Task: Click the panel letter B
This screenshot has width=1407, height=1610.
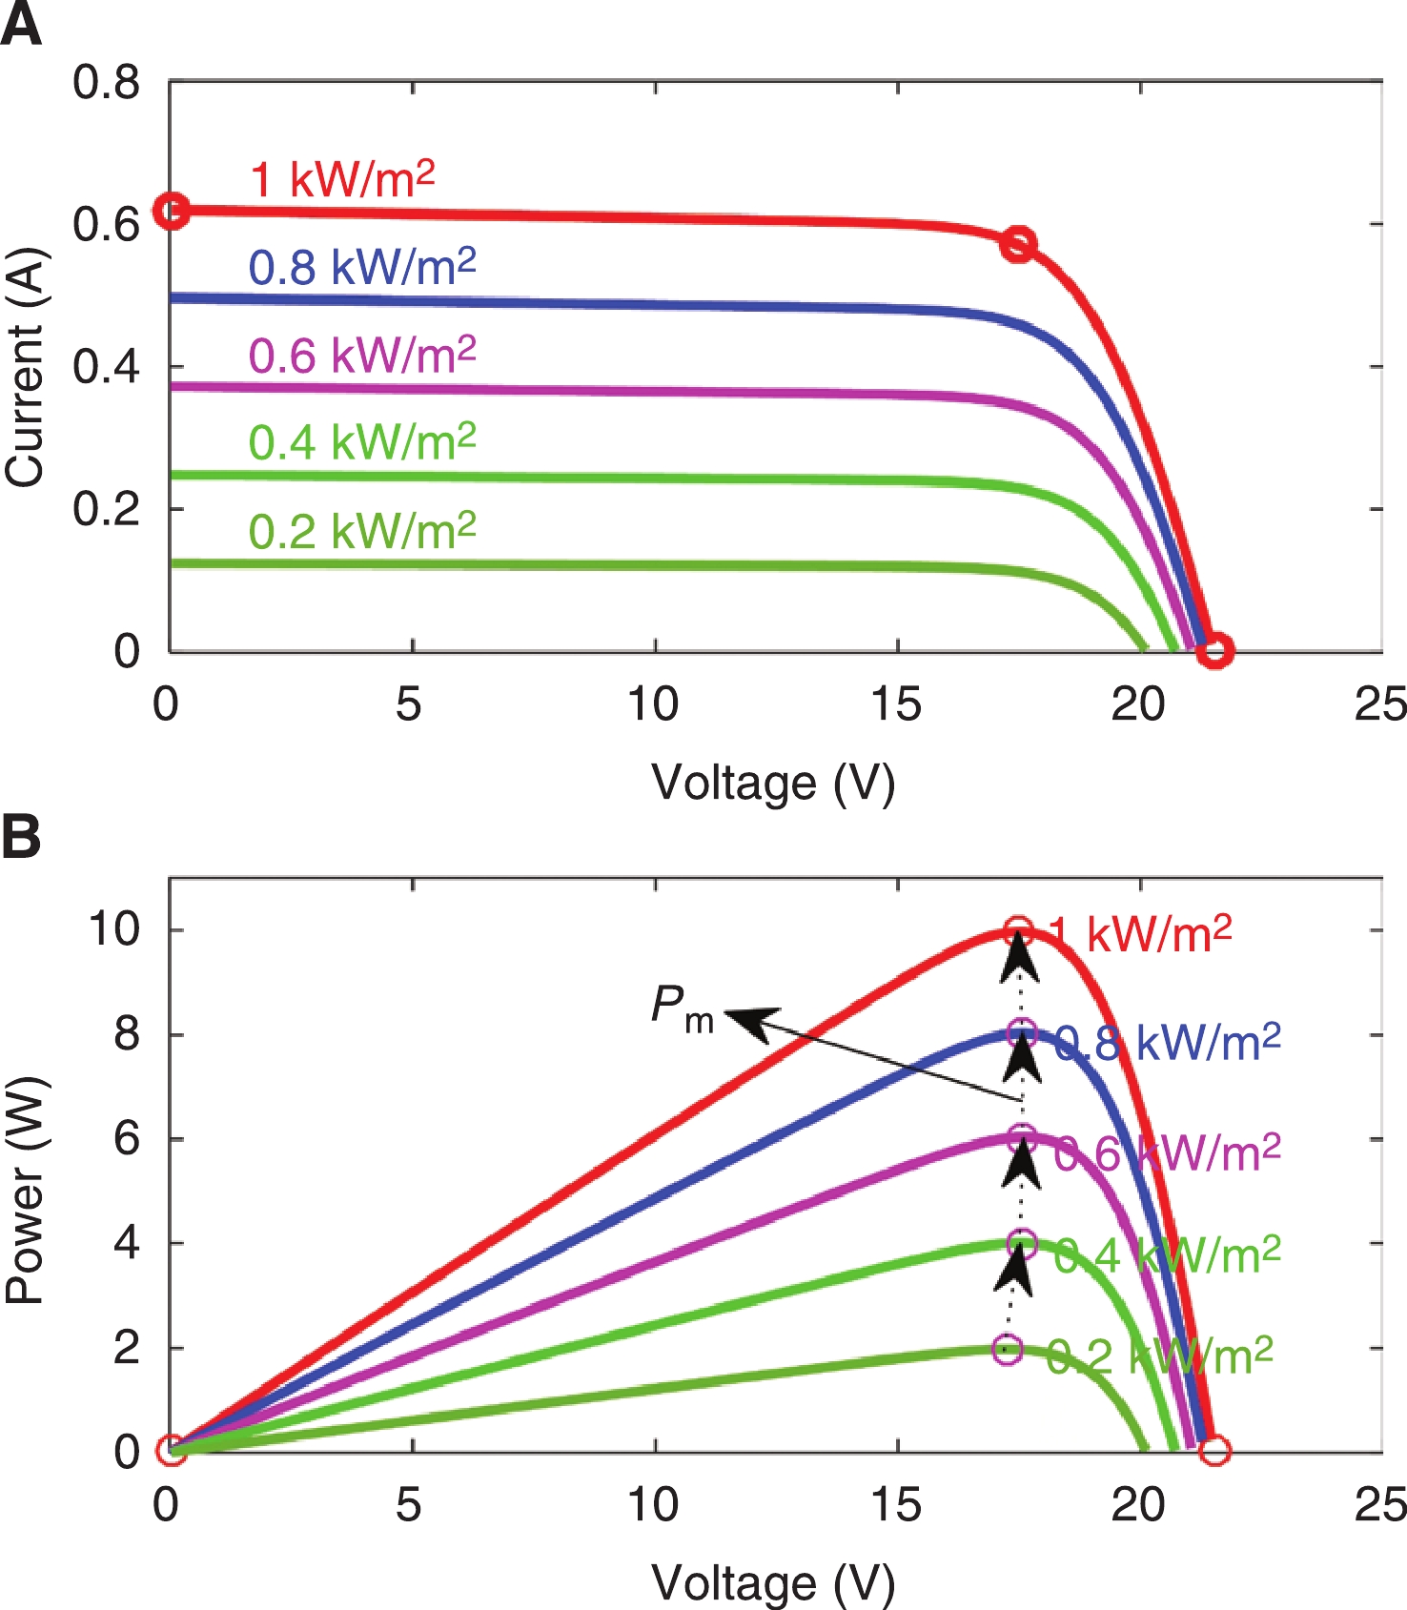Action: click(x=21, y=836)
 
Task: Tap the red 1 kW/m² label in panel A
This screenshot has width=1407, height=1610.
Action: click(x=341, y=179)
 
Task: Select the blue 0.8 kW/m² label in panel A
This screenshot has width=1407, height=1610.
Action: click(x=362, y=267)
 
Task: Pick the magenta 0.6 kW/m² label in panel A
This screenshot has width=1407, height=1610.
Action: click(x=362, y=355)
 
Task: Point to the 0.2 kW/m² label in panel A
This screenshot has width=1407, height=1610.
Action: click(x=362, y=531)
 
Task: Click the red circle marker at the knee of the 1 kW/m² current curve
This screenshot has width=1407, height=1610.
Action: click(x=1018, y=244)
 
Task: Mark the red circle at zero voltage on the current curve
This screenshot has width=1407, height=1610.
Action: click(x=172, y=211)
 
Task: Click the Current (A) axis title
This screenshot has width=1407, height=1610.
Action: click(x=25, y=367)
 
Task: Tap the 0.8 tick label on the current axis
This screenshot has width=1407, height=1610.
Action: click(x=106, y=83)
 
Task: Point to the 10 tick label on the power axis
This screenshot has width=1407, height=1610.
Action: click(x=113, y=928)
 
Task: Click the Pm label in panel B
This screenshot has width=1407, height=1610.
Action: click(x=683, y=1009)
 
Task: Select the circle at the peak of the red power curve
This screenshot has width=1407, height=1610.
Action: click(x=1018, y=930)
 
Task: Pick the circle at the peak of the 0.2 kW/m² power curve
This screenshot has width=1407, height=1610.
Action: click(x=1008, y=1350)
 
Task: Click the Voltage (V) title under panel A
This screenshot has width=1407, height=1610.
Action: click(x=773, y=784)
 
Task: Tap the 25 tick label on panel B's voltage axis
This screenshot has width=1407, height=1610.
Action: click(x=1380, y=1505)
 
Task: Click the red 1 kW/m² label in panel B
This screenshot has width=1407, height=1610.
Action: click(x=1140, y=934)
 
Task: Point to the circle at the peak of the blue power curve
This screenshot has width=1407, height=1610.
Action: click(x=1022, y=1033)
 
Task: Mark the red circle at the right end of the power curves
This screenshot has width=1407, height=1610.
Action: click(x=1214, y=1451)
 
